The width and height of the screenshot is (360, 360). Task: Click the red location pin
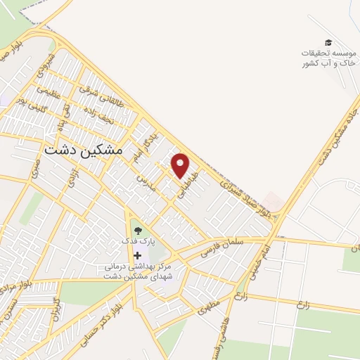[x=181, y=165]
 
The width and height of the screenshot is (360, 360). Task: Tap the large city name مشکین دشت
[x=83, y=150]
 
